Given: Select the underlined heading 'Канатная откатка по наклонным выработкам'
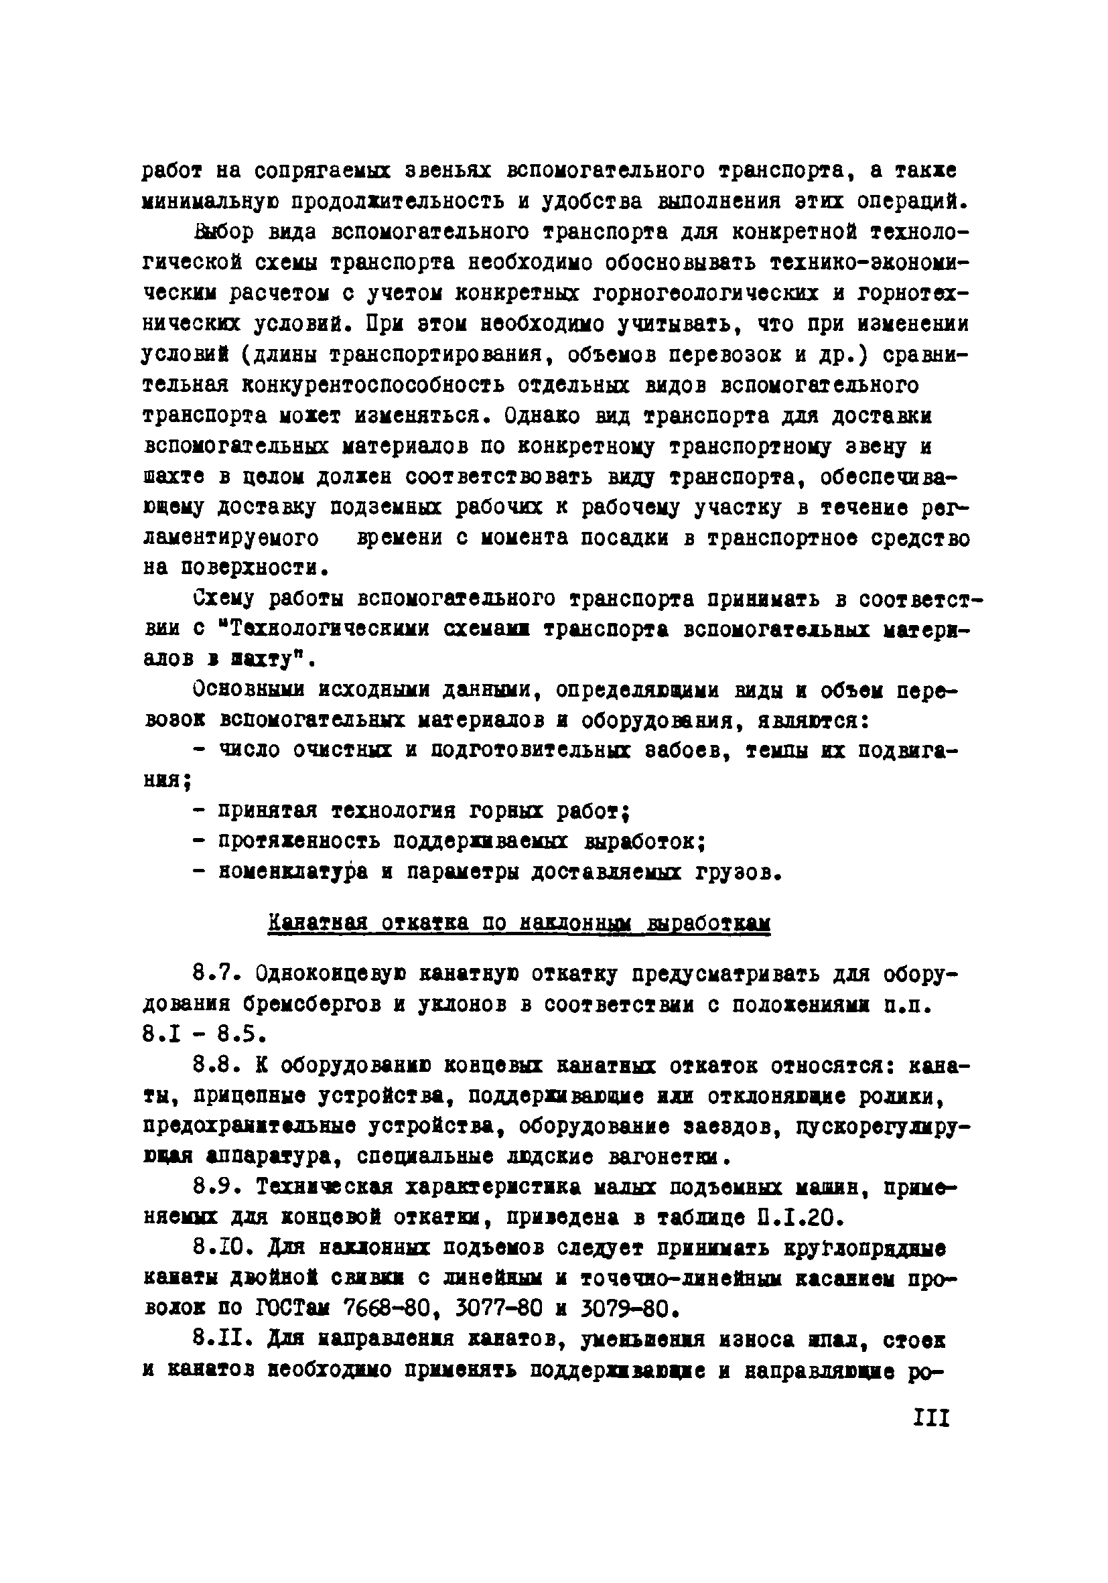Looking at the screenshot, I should tap(518, 923).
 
